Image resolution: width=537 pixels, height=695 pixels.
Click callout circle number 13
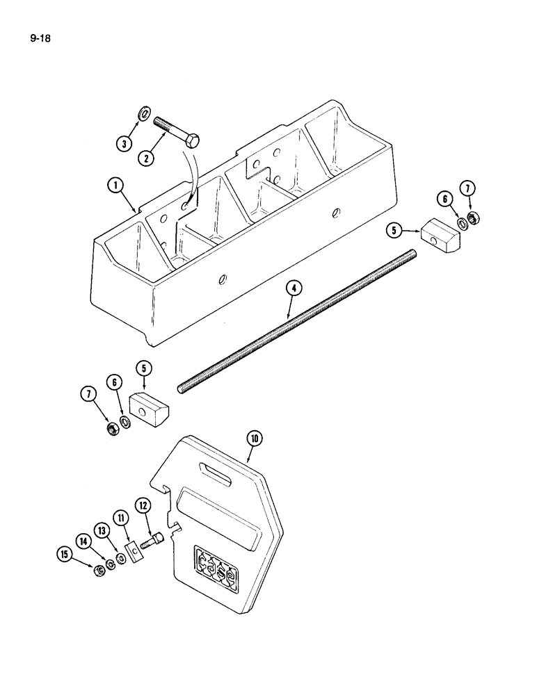pyautogui.click(x=103, y=531)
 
